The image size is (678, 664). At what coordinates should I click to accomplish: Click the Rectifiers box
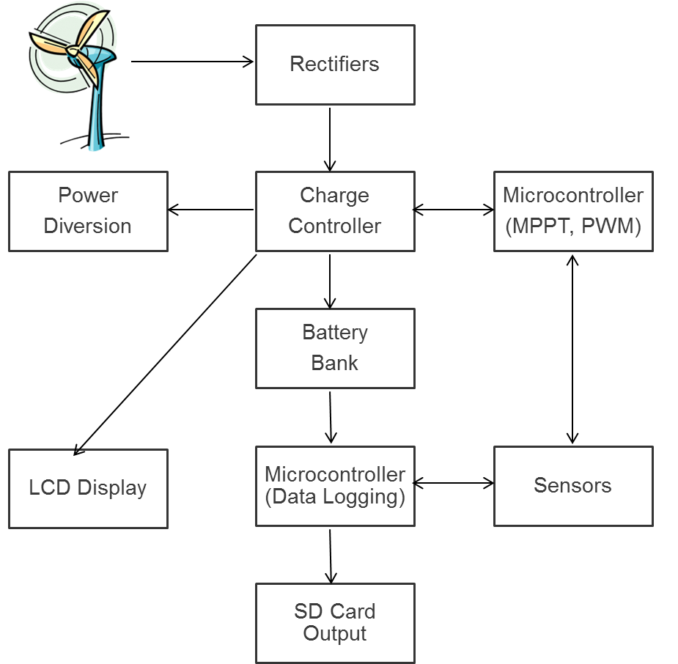(335, 64)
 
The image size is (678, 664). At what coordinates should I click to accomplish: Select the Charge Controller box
(335, 211)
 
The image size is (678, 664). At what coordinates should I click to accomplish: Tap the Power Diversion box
(88, 211)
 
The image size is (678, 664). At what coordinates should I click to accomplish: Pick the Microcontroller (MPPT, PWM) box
(572, 211)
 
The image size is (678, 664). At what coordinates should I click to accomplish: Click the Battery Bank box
(335, 348)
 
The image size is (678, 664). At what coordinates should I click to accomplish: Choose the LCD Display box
(88, 488)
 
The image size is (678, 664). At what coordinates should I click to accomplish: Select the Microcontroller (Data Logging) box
(335, 486)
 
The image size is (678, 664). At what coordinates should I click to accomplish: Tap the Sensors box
(572, 486)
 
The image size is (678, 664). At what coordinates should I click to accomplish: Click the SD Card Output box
(335, 623)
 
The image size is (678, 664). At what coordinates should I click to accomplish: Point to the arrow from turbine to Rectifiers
(192, 62)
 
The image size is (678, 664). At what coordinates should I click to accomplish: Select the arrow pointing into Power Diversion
(211, 210)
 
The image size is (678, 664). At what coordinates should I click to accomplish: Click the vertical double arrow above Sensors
(572, 349)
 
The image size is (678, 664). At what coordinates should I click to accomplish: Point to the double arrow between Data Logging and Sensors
(454, 483)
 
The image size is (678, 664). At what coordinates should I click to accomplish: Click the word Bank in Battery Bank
(335, 363)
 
